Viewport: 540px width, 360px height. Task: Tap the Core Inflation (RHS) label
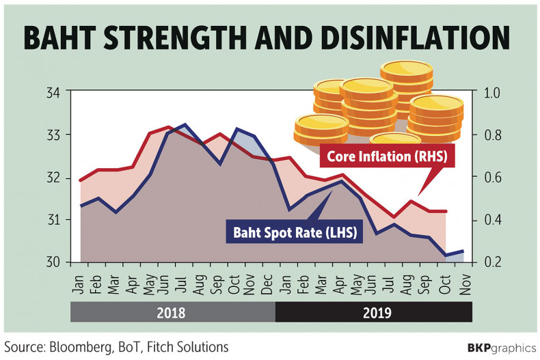point(386,157)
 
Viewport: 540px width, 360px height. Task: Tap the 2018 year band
point(172,313)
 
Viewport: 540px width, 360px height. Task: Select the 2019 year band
point(373,313)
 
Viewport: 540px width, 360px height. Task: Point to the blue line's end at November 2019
point(464,251)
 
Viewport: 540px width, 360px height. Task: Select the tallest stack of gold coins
point(406,89)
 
